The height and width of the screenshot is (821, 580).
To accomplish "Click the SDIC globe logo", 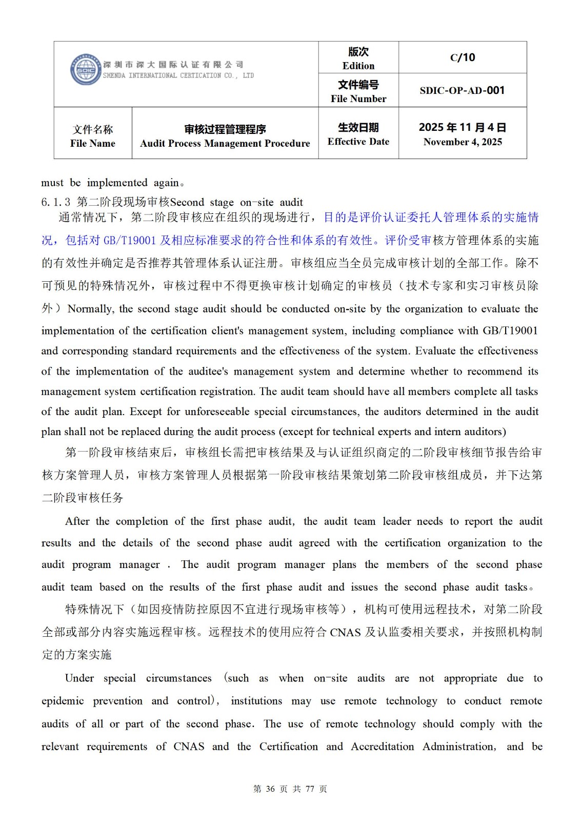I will pyautogui.click(x=85, y=70).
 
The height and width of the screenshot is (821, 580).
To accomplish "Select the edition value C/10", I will pyautogui.click(x=462, y=57).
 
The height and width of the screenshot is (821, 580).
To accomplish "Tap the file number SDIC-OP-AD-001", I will pyautogui.click(x=462, y=91).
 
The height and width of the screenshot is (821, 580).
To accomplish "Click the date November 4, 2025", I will pyautogui.click(x=462, y=142).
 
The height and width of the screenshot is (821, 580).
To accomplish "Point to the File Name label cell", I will pyautogui.click(x=93, y=136).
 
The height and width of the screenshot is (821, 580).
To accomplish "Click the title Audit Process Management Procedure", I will pyautogui.click(x=225, y=143).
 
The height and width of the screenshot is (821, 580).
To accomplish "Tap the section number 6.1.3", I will pyautogui.click(x=56, y=202).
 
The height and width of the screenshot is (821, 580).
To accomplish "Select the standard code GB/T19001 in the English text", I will pyautogui.click(x=510, y=331).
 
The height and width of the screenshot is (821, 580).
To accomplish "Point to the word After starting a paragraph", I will pyautogui.click(x=77, y=521).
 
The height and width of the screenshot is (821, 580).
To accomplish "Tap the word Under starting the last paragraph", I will pyautogui.click(x=79, y=678).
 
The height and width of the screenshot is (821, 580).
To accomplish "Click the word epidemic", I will pyautogui.click(x=63, y=701).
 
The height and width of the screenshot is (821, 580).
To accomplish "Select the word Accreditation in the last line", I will pyautogui.click(x=382, y=747).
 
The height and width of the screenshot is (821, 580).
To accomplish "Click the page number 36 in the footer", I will pyautogui.click(x=270, y=789).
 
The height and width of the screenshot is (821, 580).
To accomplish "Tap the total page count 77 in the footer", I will pyautogui.click(x=309, y=789).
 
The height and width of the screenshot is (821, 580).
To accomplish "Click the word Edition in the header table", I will pyautogui.click(x=358, y=66).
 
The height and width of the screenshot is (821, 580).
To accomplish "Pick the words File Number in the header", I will pyautogui.click(x=358, y=99).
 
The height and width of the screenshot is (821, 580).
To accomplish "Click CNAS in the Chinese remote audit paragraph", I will pyautogui.click(x=345, y=632).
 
